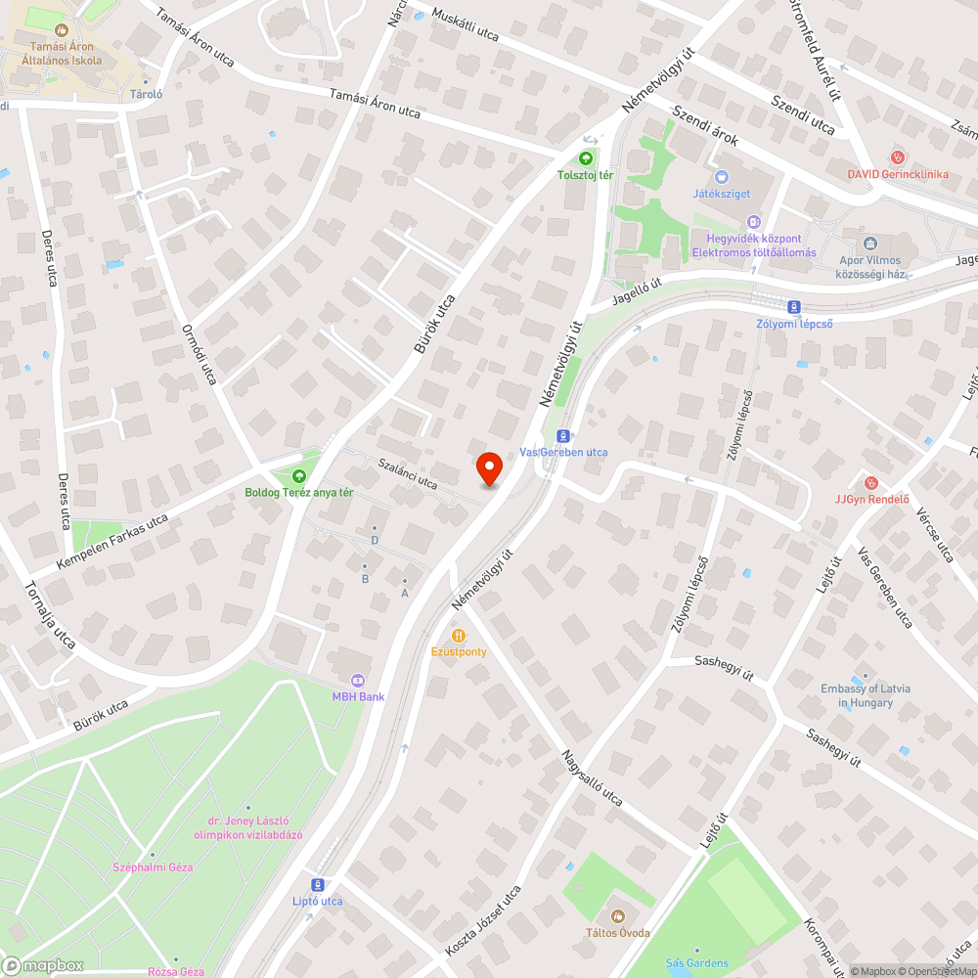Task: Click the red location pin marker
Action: click(489, 468)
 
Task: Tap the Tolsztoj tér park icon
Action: click(585, 157)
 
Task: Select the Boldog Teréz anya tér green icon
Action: click(299, 475)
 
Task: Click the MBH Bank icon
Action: click(357, 680)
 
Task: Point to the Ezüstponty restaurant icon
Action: click(459, 635)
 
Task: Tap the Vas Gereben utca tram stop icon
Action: click(562, 436)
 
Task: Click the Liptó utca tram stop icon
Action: click(318, 884)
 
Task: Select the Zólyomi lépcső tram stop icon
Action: click(793, 306)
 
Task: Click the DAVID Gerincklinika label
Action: click(898, 174)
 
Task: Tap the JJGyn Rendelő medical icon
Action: click(871, 482)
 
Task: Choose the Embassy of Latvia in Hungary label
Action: click(866, 695)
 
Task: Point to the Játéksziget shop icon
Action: click(722, 177)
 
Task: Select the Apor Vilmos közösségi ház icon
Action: click(869, 244)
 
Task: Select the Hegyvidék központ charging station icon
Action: click(753, 222)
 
